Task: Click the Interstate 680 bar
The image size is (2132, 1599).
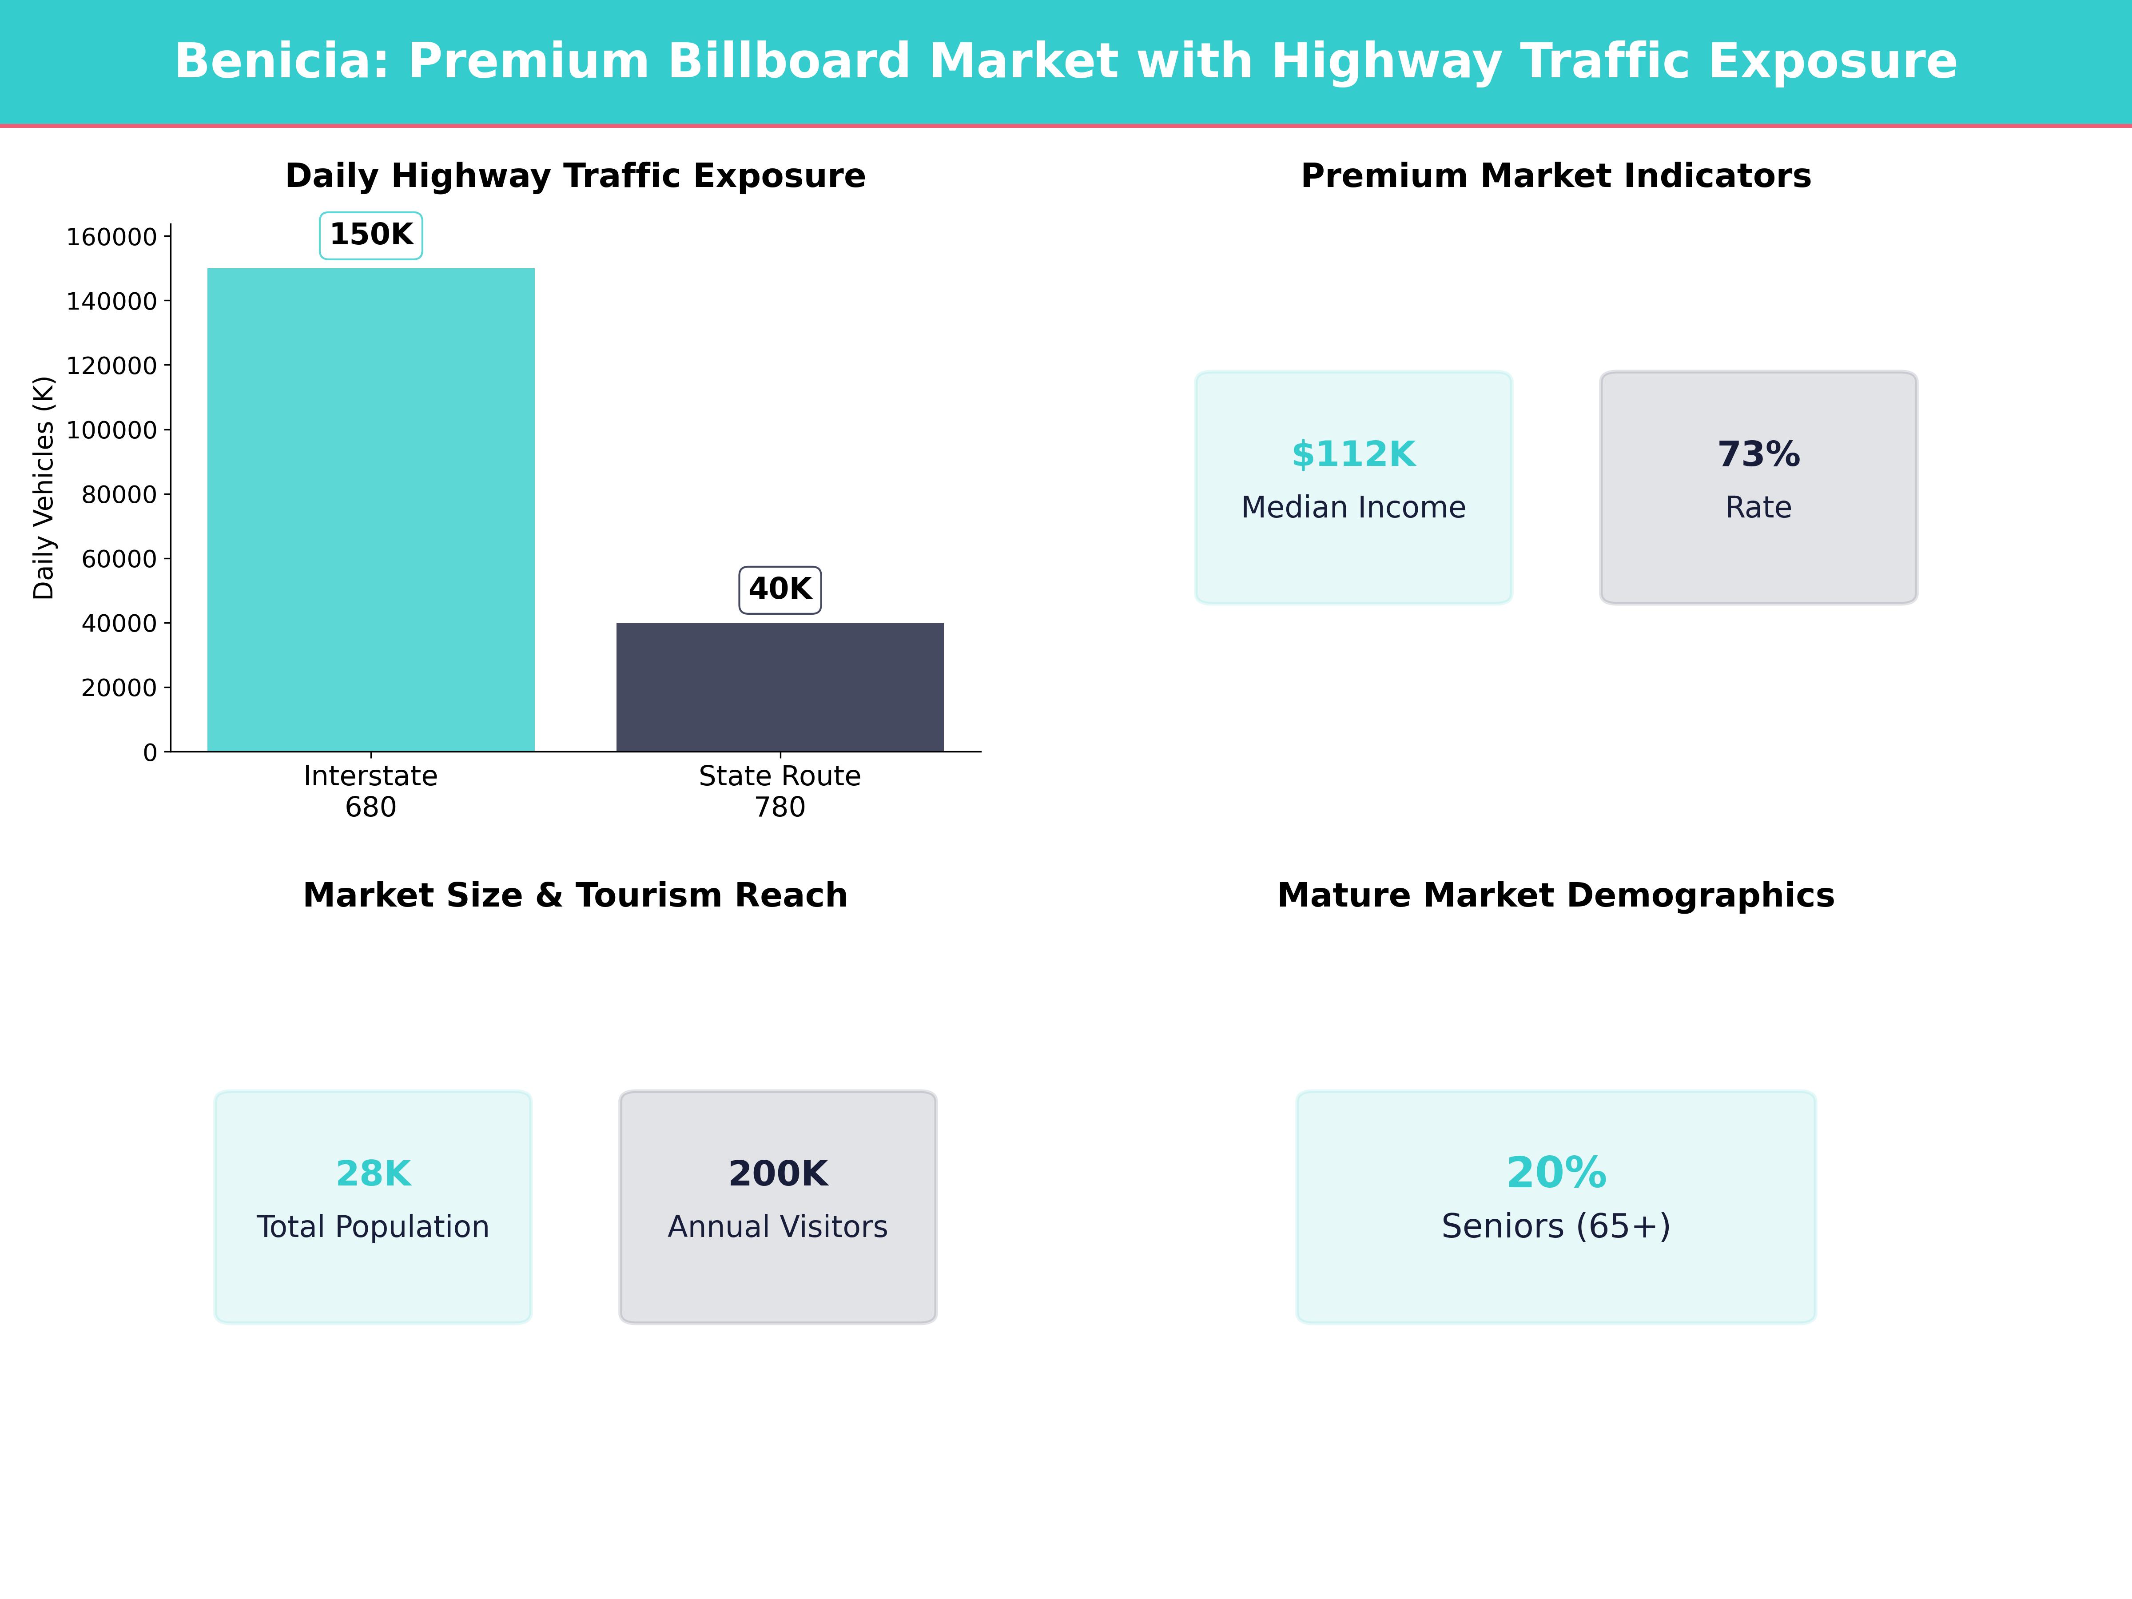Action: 371,510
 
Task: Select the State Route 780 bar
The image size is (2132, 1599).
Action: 780,687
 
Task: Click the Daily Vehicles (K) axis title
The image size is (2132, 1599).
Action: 44,488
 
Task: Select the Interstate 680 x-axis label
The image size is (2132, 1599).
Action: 371,792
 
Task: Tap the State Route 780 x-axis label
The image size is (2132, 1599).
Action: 780,792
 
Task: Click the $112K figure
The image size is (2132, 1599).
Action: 1353,454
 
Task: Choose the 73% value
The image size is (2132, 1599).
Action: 1759,454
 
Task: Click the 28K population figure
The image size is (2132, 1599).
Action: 373,1174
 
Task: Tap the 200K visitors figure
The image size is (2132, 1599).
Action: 778,1174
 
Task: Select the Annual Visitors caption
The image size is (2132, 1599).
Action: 778,1227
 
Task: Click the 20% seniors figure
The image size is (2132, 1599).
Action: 1555,1173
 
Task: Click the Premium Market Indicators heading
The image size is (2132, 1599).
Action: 1555,176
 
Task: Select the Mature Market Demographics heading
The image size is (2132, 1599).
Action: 1555,895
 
